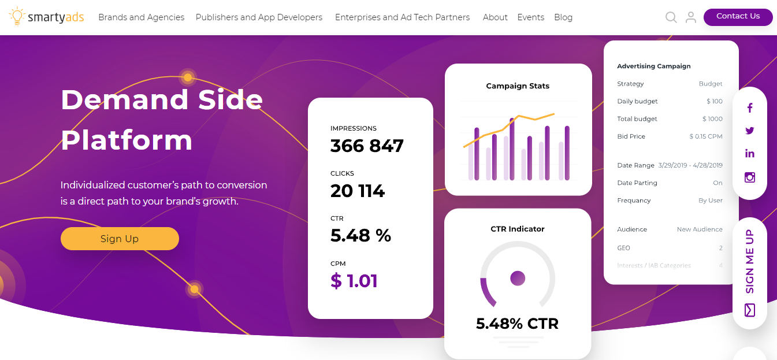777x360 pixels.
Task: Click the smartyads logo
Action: click(x=47, y=17)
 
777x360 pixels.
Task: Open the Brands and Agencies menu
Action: click(x=141, y=17)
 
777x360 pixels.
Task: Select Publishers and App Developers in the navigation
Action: click(x=259, y=17)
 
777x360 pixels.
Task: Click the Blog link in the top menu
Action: click(x=563, y=17)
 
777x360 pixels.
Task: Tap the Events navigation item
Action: click(x=530, y=17)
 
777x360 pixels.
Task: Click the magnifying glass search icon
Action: click(x=671, y=17)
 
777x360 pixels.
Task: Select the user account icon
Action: click(x=690, y=17)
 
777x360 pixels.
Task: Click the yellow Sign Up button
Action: click(x=120, y=239)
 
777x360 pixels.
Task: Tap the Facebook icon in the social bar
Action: click(x=750, y=107)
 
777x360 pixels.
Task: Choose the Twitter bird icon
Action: click(x=750, y=131)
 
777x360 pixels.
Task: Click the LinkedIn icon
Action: click(x=750, y=154)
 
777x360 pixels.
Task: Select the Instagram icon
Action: click(x=750, y=177)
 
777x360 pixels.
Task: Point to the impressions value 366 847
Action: click(x=367, y=146)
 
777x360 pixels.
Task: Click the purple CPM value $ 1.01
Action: click(x=354, y=281)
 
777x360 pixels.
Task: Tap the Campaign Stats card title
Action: click(x=518, y=86)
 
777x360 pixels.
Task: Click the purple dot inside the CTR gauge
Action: click(x=518, y=279)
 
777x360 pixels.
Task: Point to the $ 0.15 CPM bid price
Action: click(x=705, y=137)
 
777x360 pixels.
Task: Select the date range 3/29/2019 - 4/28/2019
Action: click(x=690, y=165)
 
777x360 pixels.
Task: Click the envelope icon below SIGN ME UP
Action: click(x=750, y=310)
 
